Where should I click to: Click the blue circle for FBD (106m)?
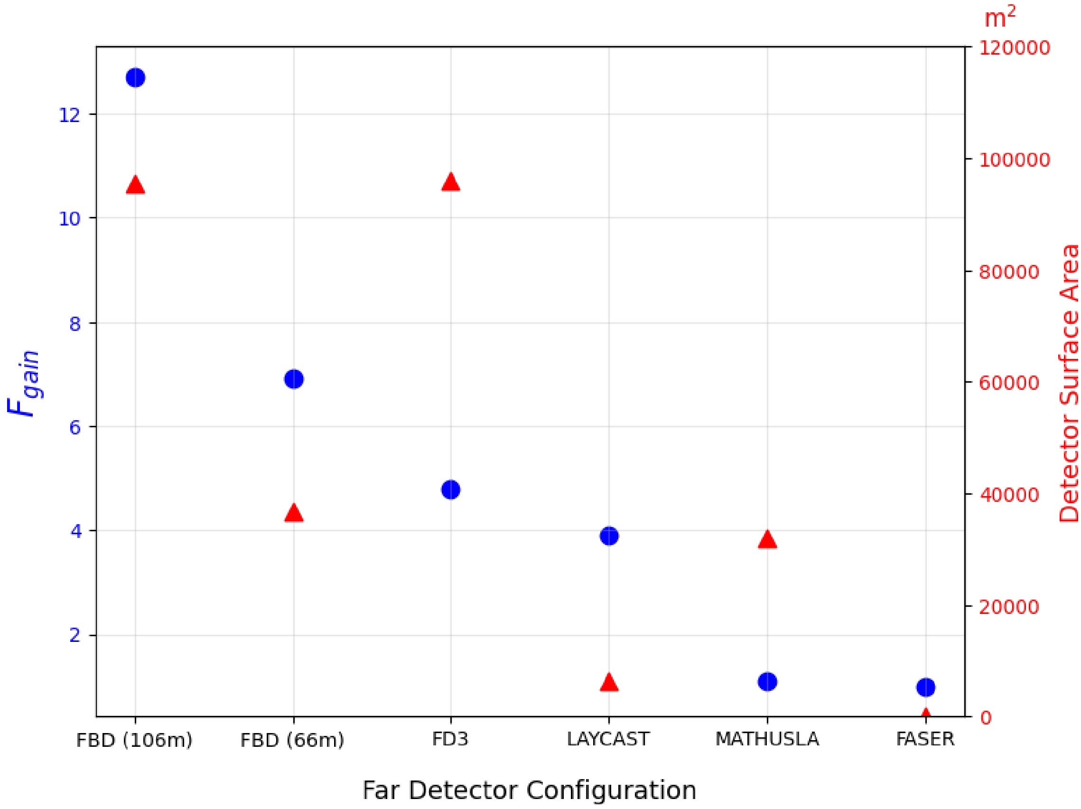(x=135, y=78)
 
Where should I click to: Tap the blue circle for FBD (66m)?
(x=294, y=379)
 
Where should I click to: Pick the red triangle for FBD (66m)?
(x=294, y=514)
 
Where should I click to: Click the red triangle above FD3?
(x=451, y=182)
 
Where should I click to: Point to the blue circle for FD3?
(x=451, y=489)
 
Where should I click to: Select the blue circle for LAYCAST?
(x=609, y=536)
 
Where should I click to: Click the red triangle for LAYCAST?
(x=609, y=682)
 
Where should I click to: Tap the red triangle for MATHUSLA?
(x=767, y=540)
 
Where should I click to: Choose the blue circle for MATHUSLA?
(x=767, y=681)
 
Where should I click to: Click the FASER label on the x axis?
(x=925, y=739)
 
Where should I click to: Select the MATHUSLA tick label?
(x=767, y=739)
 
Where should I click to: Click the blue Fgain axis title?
(x=23, y=383)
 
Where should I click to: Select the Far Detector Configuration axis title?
(x=529, y=790)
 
